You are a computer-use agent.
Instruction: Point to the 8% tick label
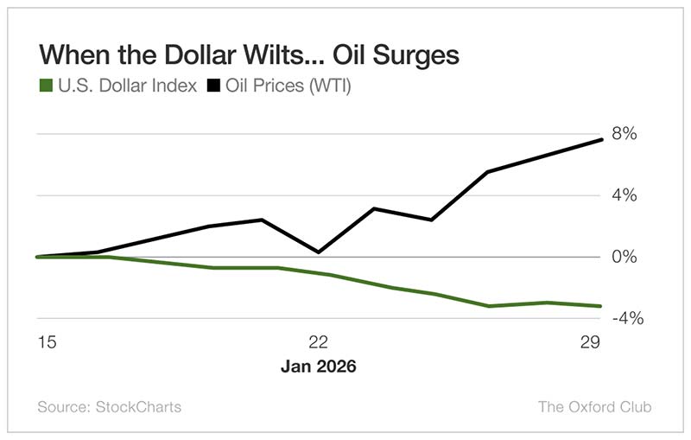pos(624,134)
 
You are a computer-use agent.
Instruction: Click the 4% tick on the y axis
pos(624,195)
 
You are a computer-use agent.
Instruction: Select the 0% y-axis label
pos(624,257)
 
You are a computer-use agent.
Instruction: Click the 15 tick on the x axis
pos(46,342)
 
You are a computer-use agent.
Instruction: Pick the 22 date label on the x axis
pos(319,342)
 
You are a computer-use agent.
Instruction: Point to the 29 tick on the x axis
pos(591,342)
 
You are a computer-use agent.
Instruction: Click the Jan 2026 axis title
pos(319,367)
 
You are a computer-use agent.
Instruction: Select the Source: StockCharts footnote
pos(110,406)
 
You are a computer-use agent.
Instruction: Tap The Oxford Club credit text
pos(594,406)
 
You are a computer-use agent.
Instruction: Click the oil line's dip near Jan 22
pos(319,252)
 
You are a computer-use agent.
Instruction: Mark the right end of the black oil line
pos(601,140)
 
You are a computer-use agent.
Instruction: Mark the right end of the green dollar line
pos(601,305)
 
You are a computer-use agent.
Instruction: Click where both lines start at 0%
pos(38,257)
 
